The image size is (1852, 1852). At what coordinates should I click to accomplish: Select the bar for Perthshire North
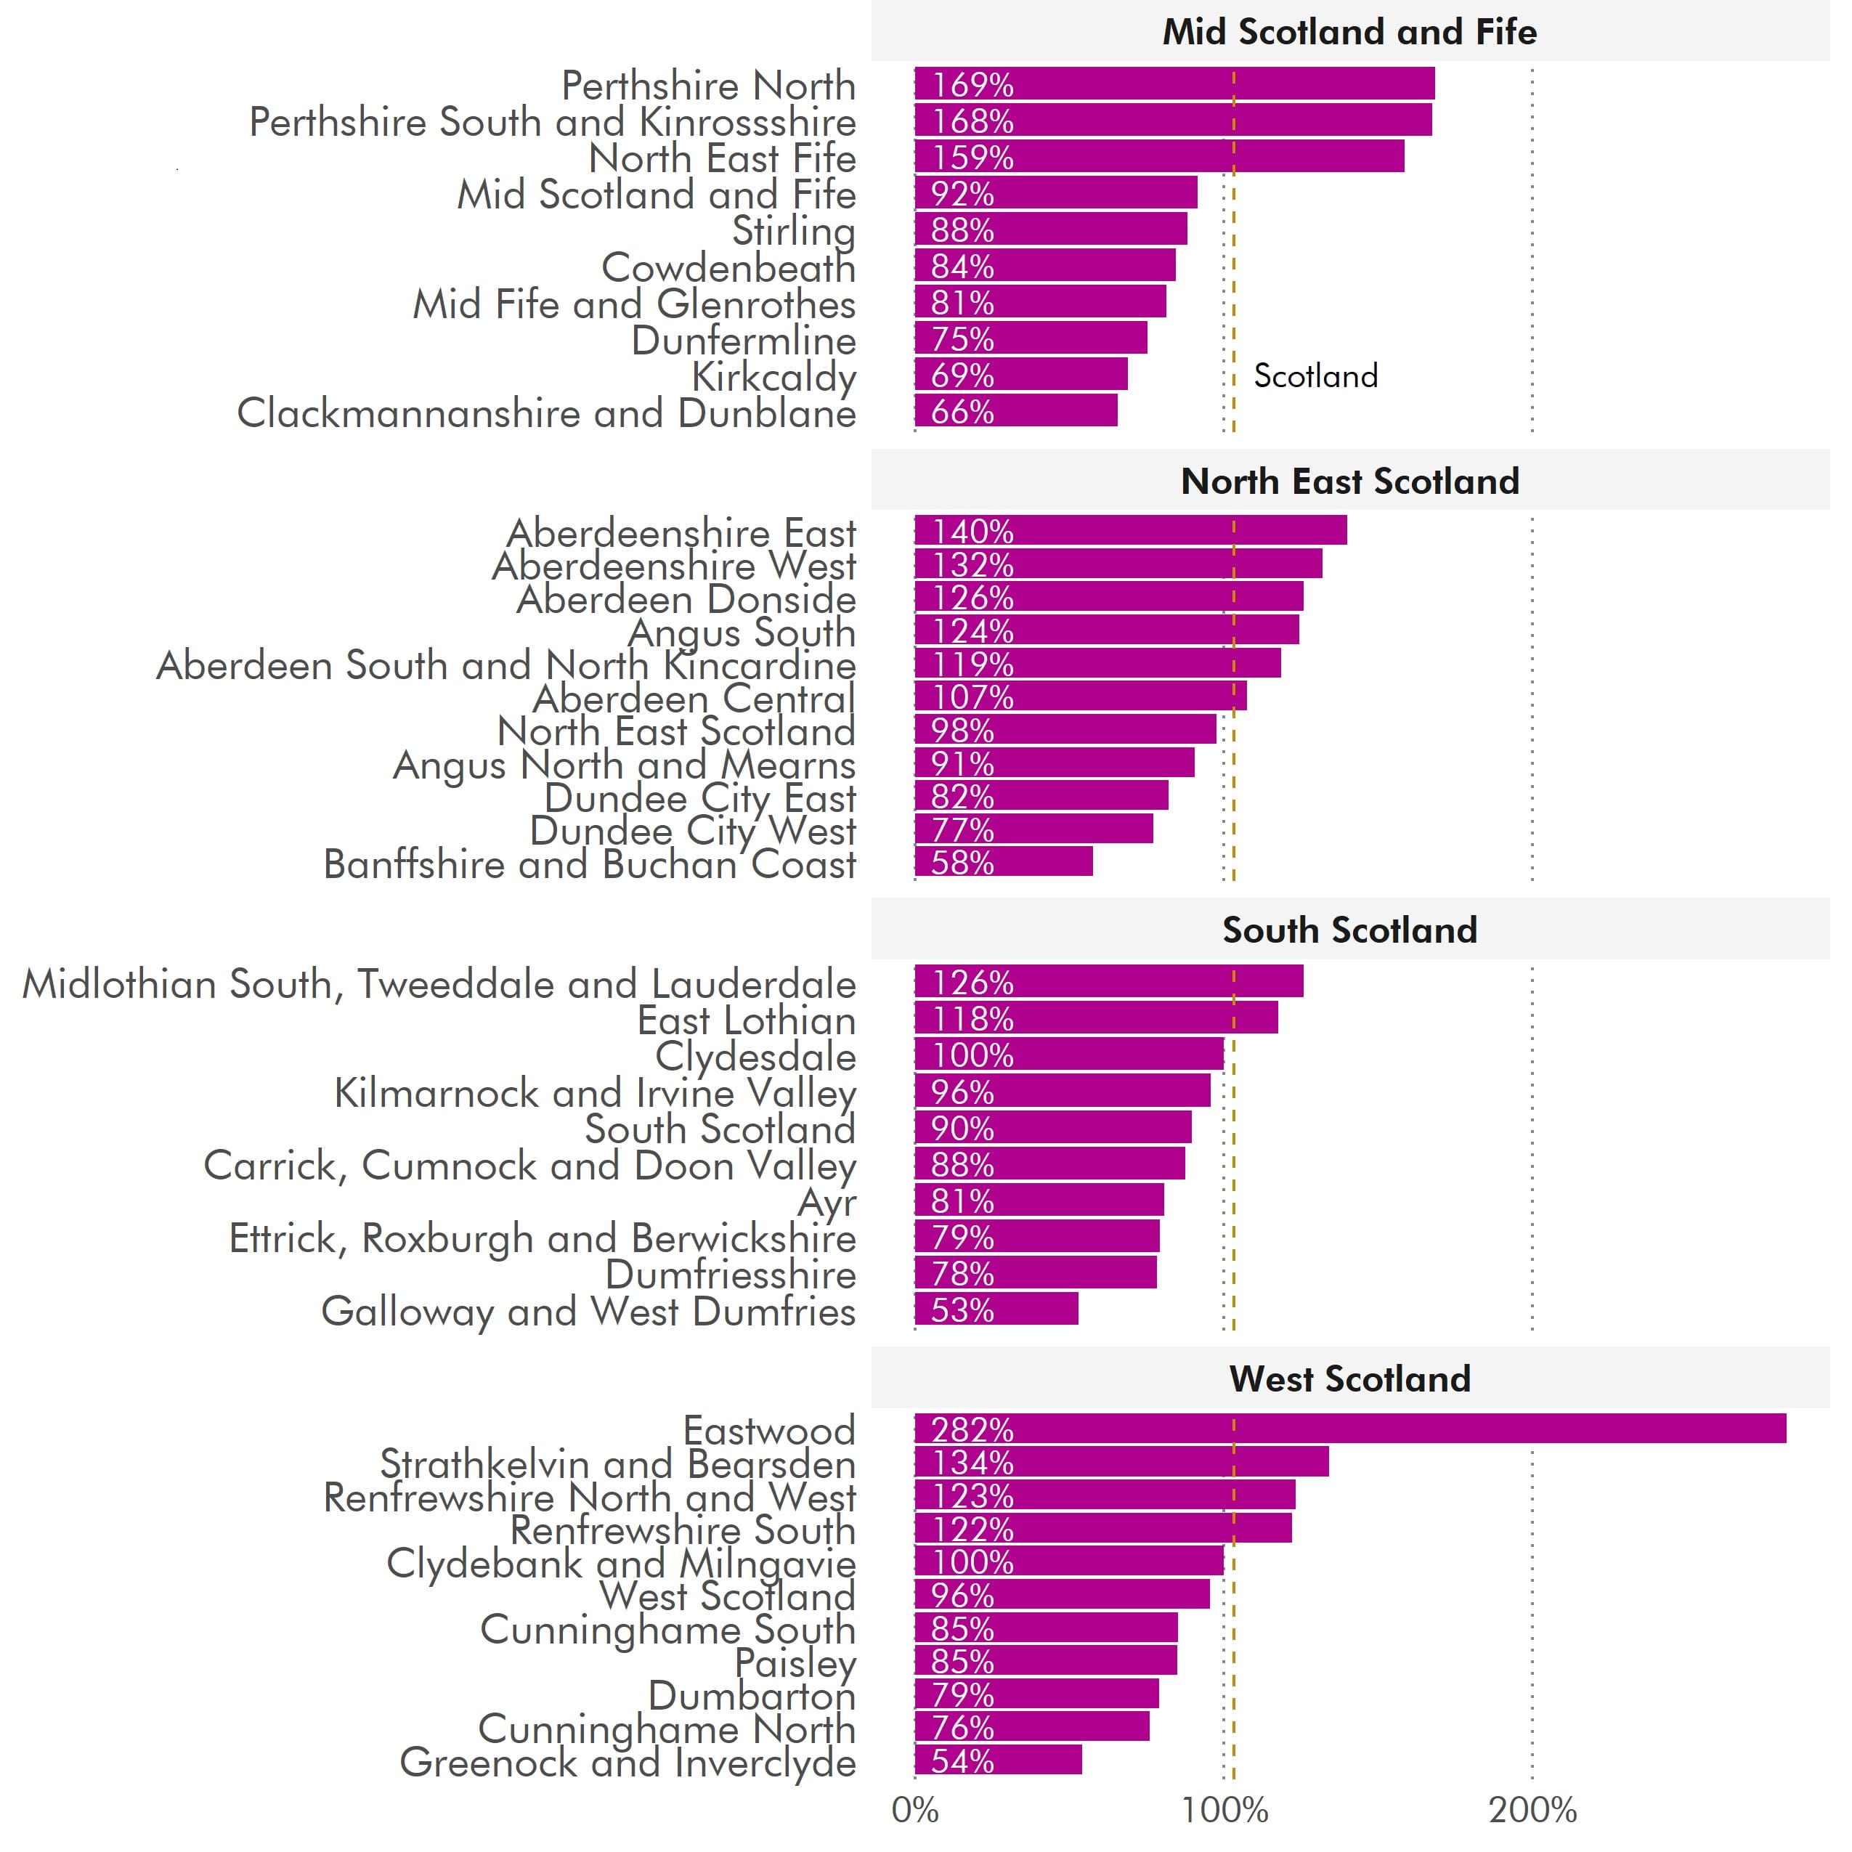click(x=1174, y=84)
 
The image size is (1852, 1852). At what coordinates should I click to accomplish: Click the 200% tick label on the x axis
click(x=1532, y=1810)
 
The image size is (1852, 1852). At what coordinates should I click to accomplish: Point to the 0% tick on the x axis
click(x=914, y=1810)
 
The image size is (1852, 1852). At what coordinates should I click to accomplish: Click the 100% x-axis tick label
click(x=1224, y=1810)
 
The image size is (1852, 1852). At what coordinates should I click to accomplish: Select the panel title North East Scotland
click(x=1349, y=482)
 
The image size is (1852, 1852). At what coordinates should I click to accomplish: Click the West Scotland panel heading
click(x=1349, y=1378)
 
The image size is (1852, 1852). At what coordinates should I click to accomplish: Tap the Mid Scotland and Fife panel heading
click(x=1349, y=33)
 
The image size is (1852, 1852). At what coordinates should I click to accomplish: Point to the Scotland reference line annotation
click(x=1315, y=375)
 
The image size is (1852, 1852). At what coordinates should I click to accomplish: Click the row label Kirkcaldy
click(x=773, y=377)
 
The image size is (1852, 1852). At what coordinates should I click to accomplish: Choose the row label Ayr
click(x=827, y=1201)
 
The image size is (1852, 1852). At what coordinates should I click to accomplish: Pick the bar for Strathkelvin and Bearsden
click(x=1121, y=1462)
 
